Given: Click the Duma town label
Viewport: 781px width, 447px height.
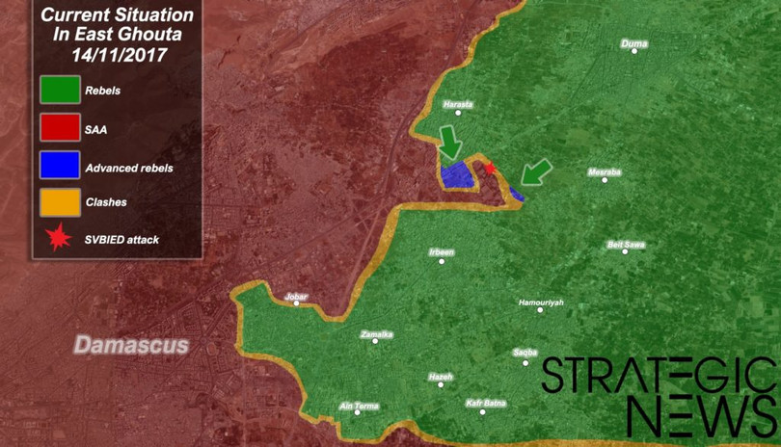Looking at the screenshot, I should [634, 43].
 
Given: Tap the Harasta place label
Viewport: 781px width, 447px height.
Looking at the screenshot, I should [457, 104].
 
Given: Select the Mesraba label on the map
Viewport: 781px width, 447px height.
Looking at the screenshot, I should [605, 172].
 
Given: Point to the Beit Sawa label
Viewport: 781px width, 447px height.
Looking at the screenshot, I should [626, 244].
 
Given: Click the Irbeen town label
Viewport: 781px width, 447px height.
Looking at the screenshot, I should [441, 252].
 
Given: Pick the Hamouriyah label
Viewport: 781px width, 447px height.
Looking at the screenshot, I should [540, 302].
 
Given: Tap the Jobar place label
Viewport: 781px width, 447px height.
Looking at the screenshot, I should [296, 297].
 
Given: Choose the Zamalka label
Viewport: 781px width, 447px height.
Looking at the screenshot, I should [375, 334].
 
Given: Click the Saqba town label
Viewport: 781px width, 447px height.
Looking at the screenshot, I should [525, 353].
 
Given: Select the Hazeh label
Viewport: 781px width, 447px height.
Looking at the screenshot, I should [441, 377].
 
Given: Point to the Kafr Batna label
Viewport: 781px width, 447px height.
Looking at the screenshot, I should [485, 403].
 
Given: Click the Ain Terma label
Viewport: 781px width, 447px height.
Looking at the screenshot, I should [360, 406].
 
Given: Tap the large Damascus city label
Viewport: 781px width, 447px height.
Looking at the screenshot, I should [132, 344].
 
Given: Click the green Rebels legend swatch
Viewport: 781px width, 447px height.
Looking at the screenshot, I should [59, 91].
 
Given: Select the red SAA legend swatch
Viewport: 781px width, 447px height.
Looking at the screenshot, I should [59, 128].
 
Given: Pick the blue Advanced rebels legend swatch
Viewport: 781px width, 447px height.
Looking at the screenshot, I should [59, 166].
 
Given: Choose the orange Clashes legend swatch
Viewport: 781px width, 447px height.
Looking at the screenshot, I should [59, 202].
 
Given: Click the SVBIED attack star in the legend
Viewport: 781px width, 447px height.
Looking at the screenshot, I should [60, 238].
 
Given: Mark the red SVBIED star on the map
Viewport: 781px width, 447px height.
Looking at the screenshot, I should [489, 169].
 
